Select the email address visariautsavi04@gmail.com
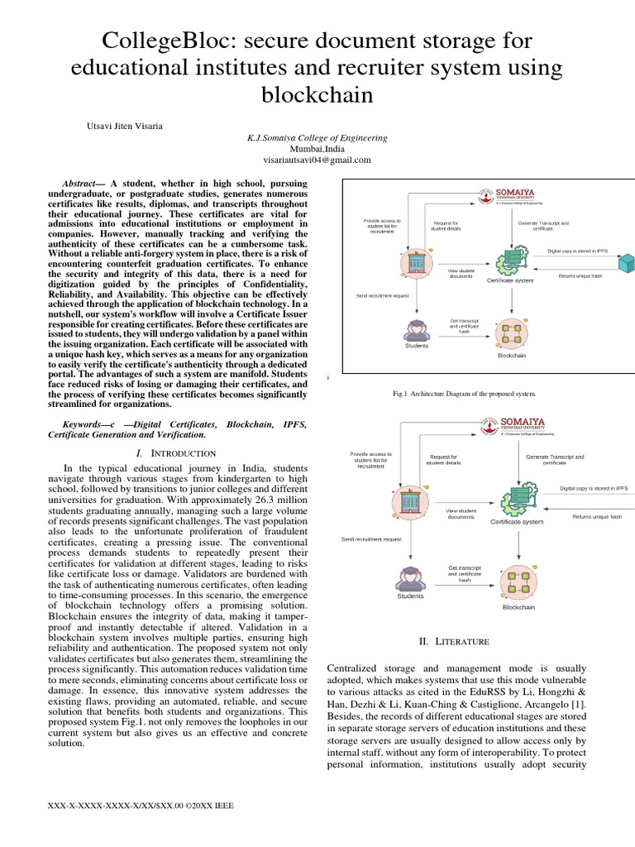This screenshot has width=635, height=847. (x=317, y=160)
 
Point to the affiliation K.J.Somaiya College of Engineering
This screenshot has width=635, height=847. (x=317, y=137)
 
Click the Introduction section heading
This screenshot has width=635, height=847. (x=178, y=453)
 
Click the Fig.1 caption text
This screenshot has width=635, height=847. (x=468, y=394)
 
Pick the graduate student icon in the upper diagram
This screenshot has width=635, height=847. (x=416, y=330)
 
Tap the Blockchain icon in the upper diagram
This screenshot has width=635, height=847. (x=511, y=333)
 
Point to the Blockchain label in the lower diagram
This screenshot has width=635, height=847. (x=518, y=607)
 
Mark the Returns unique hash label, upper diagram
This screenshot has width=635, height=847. (x=580, y=275)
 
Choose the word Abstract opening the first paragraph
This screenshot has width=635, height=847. (x=80, y=183)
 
